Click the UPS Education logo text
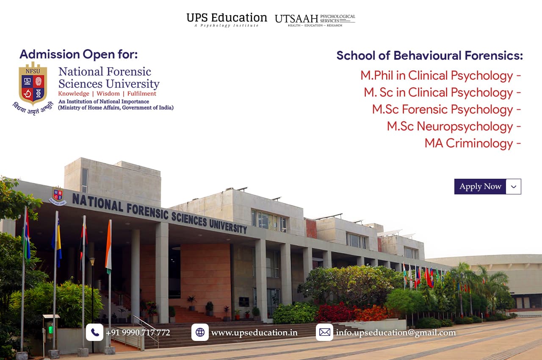point(227,19)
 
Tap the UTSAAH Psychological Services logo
point(315,20)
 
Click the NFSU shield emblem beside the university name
point(33,84)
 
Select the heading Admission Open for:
point(78,54)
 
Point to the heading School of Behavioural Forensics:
point(429,55)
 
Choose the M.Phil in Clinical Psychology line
point(440,75)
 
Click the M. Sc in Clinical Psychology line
point(442,92)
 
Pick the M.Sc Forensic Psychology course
point(446,109)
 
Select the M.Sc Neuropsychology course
point(454,126)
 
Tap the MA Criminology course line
point(473,143)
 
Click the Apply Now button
point(480,186)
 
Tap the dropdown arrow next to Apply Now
point(514,187)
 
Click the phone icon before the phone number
point(94,332)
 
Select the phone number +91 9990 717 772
point(138,333)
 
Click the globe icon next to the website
point(200,332)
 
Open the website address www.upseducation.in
point(254,333)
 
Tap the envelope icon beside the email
point(324,332)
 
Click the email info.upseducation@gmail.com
point(395,333)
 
